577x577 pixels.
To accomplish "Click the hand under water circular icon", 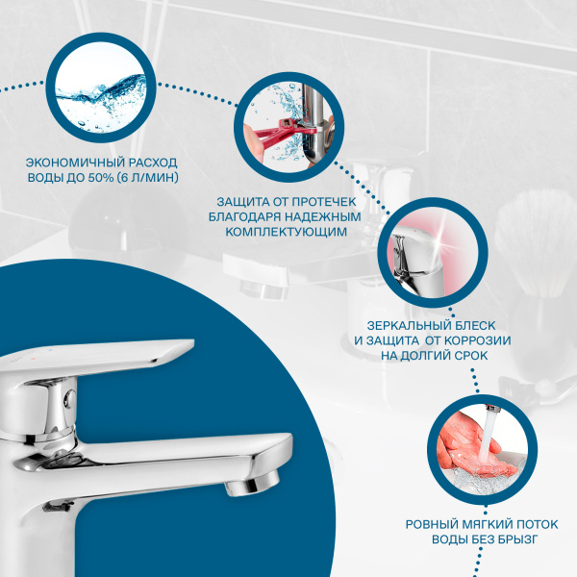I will [477, 446].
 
